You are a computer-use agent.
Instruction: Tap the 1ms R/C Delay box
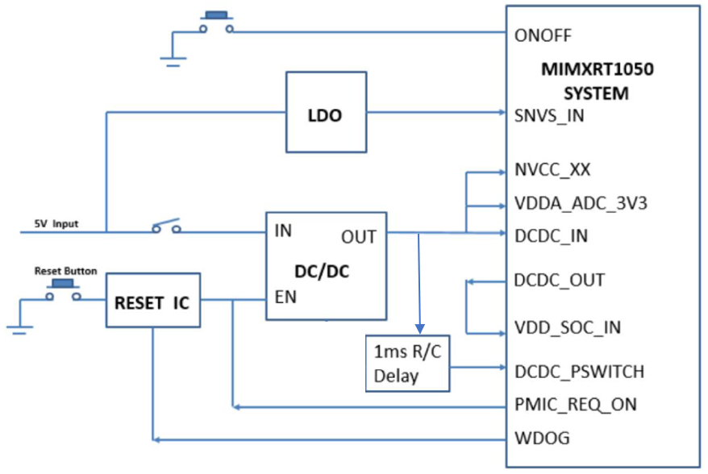click(x=407, y=363)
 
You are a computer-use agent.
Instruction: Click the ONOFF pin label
click(x=543, y=36)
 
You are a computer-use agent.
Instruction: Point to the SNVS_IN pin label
click(x=549, y=116)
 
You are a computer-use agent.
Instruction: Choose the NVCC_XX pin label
click(x=552, y=171)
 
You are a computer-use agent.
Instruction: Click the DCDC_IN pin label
click(x=551, y=235)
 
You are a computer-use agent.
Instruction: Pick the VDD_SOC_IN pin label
click(x=567, y=328)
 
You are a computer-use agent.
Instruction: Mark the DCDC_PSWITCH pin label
click(x=579, y=372)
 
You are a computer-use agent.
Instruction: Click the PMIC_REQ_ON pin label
click(x=575, y=405)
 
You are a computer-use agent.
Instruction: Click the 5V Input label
click(x=56, y=223)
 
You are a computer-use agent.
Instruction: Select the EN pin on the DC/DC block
click(x=285, y=296)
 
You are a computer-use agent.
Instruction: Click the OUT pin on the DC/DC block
click(x=358, y=236)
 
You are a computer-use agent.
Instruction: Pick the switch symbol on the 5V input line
click(x=166, y=227)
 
